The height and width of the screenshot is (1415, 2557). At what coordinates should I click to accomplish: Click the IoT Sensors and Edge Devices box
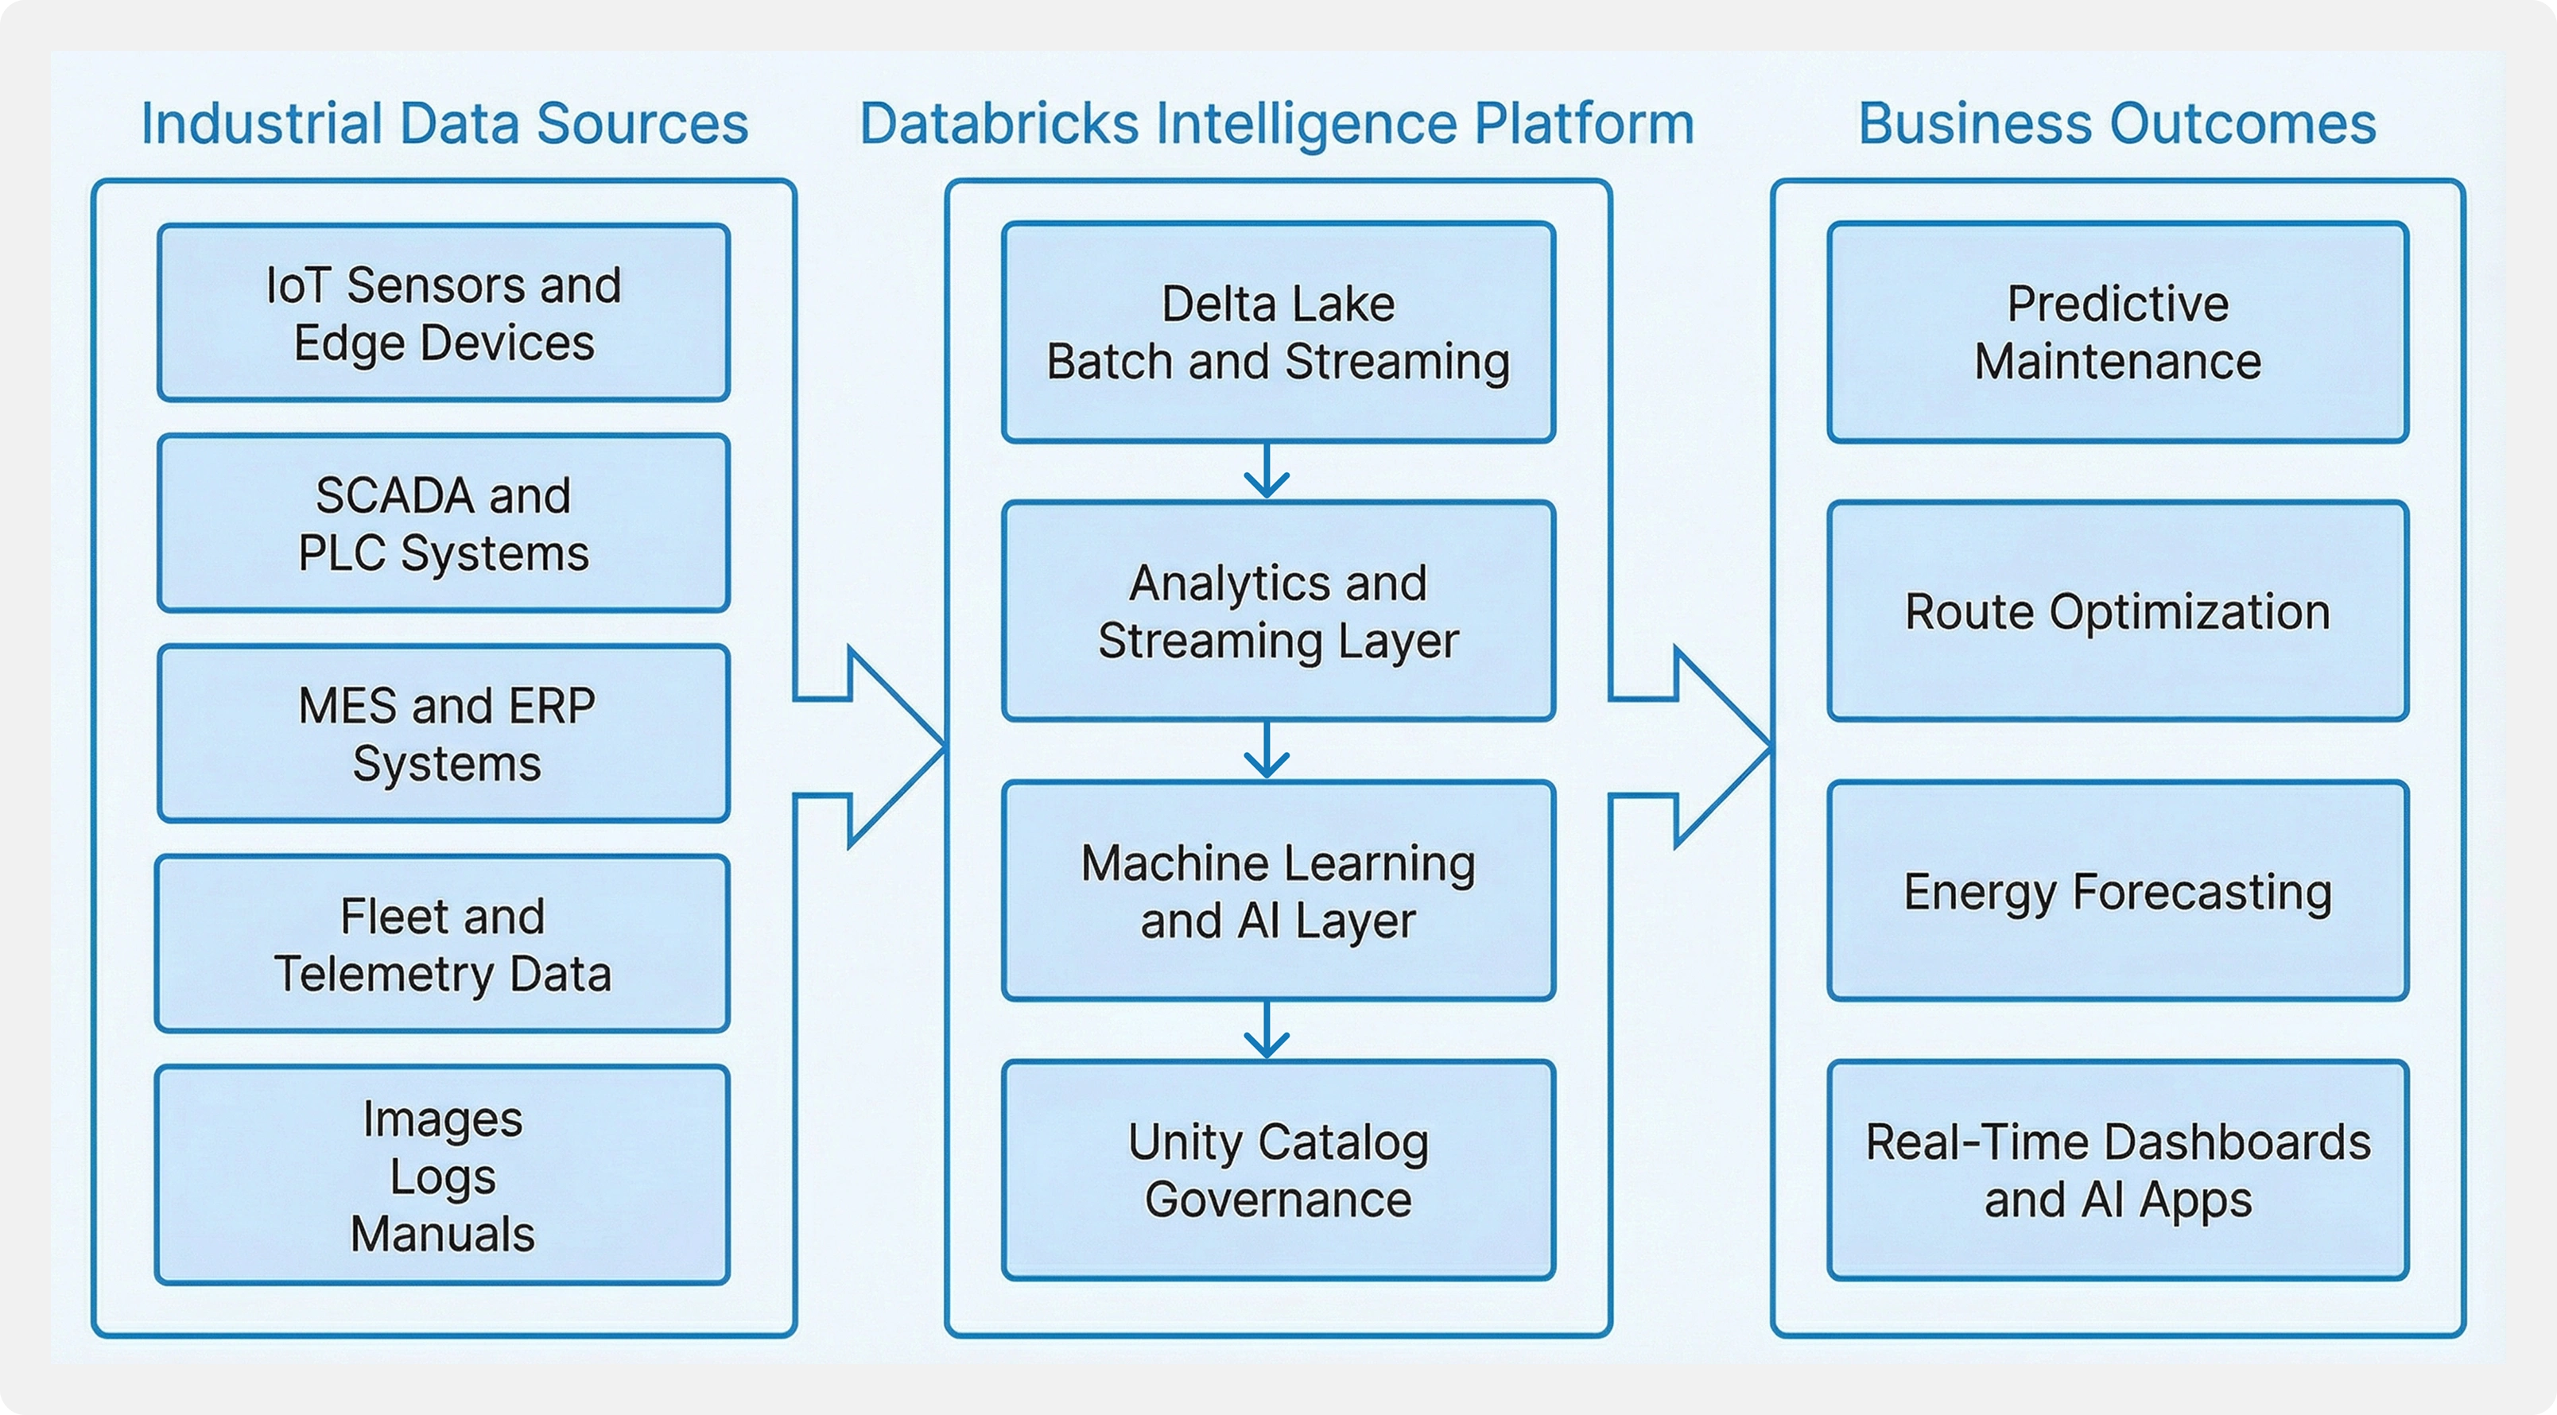click(x=444, y=312)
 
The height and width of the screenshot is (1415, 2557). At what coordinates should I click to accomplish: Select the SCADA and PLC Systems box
click(x=444, y=523)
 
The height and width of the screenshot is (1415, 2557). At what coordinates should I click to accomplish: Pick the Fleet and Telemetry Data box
click(x=443, y=944)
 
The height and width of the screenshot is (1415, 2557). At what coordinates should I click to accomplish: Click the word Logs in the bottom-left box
click(x=443, y=1177)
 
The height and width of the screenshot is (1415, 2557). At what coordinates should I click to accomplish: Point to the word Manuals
click(x=443, y=1235)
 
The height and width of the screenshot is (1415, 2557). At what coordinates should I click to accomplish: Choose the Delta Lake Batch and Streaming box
click(x=1278, y=331)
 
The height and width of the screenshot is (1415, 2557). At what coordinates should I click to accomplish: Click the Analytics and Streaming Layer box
click(x=1278, y=611)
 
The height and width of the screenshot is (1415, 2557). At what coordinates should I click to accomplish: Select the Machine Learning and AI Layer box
click(x=1278, y=891)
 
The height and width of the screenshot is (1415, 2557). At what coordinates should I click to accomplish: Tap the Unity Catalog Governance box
click(x=1278, y=1170)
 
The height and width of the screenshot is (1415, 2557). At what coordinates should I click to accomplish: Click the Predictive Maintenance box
click(x=2117, y=331)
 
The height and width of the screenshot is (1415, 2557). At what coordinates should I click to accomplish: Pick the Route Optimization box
click(x=2117, y=611)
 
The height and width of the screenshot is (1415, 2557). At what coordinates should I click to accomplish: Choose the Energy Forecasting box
click(x=2117, y=891)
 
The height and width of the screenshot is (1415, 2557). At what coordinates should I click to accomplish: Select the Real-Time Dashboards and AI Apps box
click(x=2117, y=1170)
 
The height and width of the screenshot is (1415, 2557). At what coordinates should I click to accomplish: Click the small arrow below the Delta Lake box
click(x=1267, y=472)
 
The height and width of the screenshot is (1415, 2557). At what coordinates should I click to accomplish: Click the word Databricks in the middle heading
click(x=999, y=124)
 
